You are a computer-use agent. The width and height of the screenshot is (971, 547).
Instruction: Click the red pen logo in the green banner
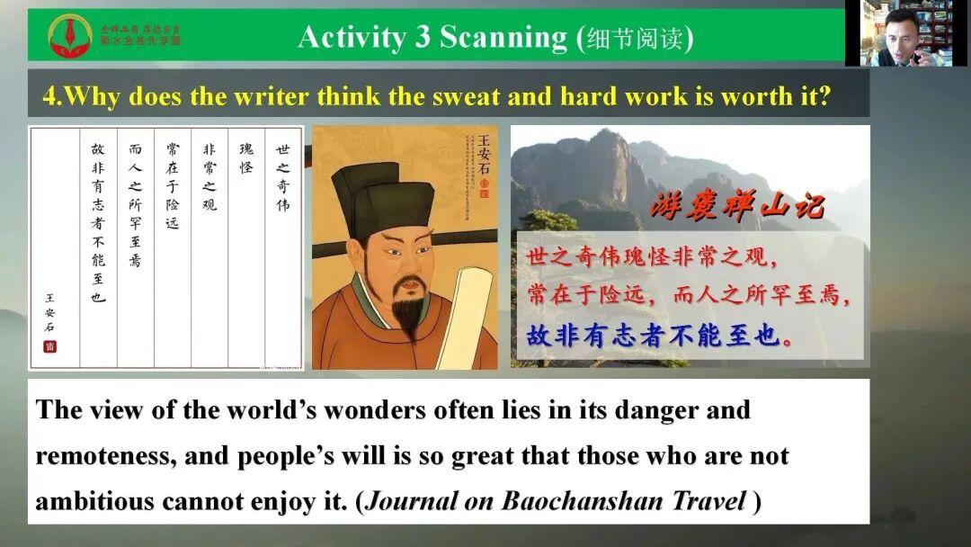pos(69,35)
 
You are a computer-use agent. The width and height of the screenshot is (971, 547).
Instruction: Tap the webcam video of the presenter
pos(907,33)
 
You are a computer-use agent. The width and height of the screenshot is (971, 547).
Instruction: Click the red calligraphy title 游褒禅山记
pos(736,207)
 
